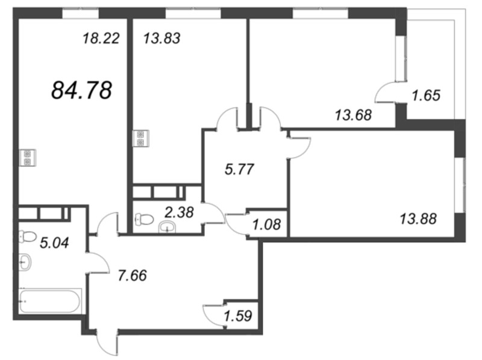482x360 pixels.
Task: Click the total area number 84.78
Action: tap(81, 91)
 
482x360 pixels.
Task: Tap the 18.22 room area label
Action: tap(101, 39)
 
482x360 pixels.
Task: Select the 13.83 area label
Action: tap(162, 39)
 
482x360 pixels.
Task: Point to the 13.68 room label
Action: tap(354, 116)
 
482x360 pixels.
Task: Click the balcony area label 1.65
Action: tap(426, 95)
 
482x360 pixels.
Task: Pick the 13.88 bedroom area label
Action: tap(418, 219)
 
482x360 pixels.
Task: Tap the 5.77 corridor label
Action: tap(239, 169)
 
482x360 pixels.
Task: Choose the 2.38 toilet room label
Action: tap(179, 213)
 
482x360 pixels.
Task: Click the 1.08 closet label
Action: tap(266, 225)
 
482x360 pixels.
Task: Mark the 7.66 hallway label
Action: tap(133, 276)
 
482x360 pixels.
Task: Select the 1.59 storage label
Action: tap(238, 316)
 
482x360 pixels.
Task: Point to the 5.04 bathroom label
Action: tap(54, 243)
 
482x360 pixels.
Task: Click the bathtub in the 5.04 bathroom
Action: tap(50, 301)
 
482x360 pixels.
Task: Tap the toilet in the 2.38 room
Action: tap(144, 219)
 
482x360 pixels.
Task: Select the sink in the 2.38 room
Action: tap(167, 228)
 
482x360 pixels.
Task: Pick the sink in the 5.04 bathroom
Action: tap(25, 262)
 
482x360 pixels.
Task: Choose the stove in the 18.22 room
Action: tap(28, 158)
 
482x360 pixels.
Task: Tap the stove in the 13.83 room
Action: tap(141, 138)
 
